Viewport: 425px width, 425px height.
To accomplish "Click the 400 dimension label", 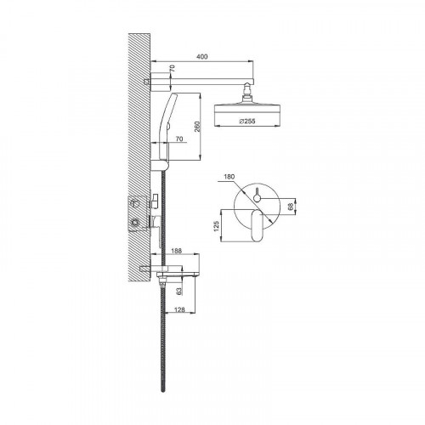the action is pos(201,57).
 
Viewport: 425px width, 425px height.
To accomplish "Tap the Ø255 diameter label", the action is pos(247,122).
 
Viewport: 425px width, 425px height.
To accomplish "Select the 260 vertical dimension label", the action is pos(197,127).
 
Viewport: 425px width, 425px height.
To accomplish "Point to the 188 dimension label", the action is pos(176,251).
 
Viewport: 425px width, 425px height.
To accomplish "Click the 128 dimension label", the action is pos(179,309).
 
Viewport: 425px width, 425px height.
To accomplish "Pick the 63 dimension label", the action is pos(178,292).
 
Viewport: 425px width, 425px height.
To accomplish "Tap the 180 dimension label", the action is pos(229,177).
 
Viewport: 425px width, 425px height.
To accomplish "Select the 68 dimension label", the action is pos(291,207).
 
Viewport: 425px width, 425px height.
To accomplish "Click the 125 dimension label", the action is pos(217,226).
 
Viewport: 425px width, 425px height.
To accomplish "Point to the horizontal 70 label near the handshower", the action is pos(179,139).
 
